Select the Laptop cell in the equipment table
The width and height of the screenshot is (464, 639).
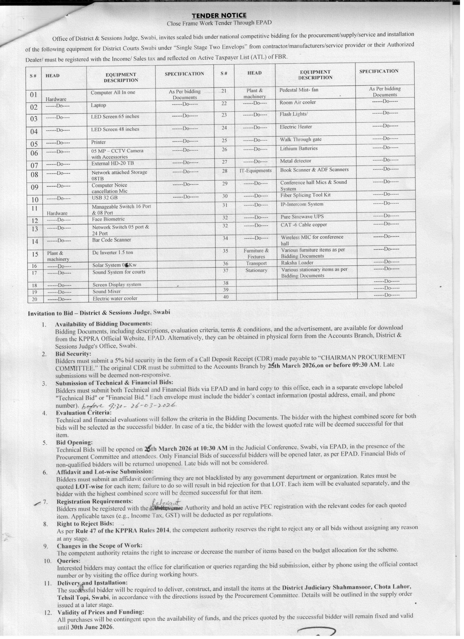(98, 105)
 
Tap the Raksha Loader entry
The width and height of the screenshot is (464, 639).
(297, 263)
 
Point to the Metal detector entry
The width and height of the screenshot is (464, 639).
(296, 161)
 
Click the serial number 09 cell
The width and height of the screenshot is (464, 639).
(34, 187)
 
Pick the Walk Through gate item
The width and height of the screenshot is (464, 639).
(301, 139)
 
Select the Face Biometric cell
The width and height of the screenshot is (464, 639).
(108, 219)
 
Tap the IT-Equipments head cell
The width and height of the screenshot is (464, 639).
(255, 171)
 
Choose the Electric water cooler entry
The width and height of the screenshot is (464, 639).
(115, 298)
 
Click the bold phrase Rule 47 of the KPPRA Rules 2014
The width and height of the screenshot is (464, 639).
(123, 530)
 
